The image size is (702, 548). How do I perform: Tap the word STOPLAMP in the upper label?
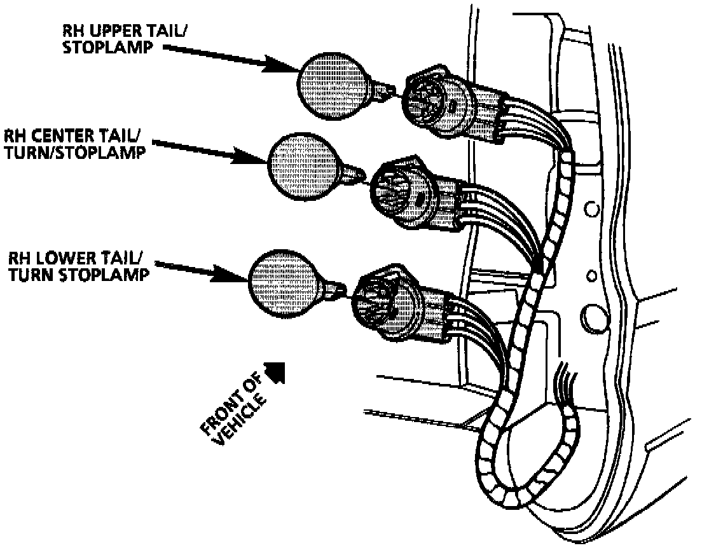point(92,48)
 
